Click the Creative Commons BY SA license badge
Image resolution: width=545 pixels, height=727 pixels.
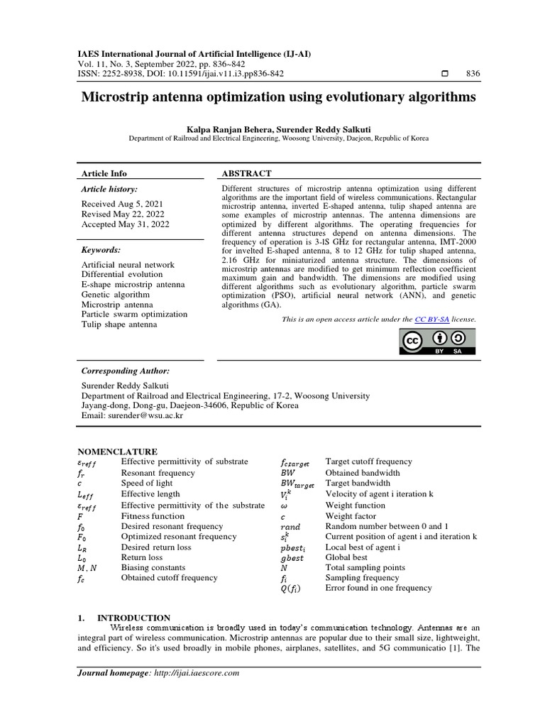click(x=436, y=341)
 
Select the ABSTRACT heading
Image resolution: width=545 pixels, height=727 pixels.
click(x=247, y=173)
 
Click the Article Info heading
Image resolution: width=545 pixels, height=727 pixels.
click(x=104, y=173)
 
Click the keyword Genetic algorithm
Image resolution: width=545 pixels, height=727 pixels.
click(x=116, y=294)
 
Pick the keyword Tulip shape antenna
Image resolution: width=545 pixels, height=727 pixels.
click(x=119, y=324)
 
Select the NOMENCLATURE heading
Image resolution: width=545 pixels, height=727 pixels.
click(x=117, y=452)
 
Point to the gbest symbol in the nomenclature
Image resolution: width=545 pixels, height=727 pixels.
click(x=292, y=558)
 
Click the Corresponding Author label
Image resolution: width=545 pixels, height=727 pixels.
click(x=126, y=371)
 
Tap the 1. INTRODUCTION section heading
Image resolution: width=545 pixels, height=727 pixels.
click(x=124, y=618)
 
